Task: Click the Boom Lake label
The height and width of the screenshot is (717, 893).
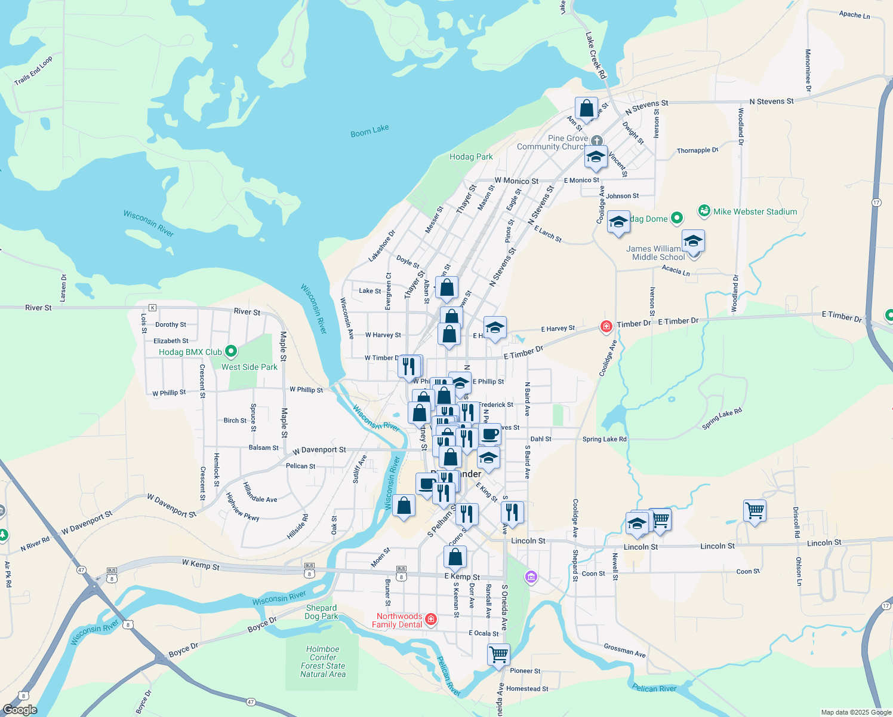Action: [369, 131]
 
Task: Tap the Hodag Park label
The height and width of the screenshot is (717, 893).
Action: [471, 157]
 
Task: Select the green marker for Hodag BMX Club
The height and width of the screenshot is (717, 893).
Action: [232, 352]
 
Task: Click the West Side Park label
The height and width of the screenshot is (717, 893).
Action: [250, 367]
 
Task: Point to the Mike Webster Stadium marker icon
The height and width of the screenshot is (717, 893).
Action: [704, 212]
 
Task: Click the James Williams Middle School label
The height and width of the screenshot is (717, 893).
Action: [658, 253]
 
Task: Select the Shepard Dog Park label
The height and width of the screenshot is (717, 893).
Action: [322, 612]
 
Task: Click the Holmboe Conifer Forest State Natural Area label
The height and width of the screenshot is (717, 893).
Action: [323, 661]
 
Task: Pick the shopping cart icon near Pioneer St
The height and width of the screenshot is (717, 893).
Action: [498, 654]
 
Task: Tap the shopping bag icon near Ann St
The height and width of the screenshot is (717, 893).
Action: [587, 109]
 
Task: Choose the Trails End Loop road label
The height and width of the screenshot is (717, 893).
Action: [33, 71]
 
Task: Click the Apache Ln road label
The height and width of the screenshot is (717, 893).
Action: [854, 14]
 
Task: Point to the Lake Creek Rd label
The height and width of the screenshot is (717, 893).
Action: [596, 56]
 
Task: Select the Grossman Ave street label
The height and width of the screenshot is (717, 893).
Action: [624, 650]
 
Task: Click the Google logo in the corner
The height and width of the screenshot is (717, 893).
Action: [20, 709]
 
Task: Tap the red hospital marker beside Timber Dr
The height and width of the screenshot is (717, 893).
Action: [606, 326]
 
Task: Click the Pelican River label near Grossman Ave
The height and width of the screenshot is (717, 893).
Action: [654, 688]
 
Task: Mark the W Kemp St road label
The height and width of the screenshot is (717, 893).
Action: [201, 565]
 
